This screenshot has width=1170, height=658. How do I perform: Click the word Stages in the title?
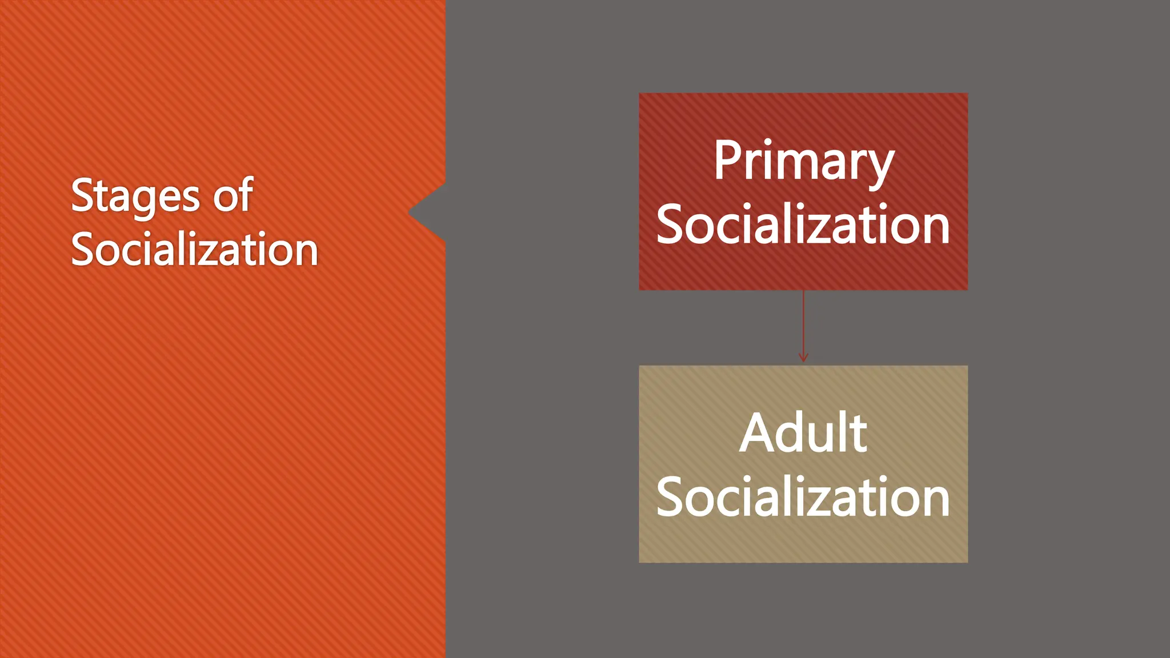(x=135, y=196)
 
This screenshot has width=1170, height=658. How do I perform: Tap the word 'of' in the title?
(x=233, y=195)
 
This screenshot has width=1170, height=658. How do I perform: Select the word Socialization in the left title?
(x=194, y=250)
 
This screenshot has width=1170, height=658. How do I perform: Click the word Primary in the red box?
(x=803, y=162)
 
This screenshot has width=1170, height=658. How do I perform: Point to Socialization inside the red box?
(x=803, y=225)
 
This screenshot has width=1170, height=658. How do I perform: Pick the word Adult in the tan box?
(x=803, y=434)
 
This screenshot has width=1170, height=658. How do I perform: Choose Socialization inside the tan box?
(x=803, y=497)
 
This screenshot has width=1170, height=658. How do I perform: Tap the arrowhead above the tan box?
(x=803, y=358)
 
